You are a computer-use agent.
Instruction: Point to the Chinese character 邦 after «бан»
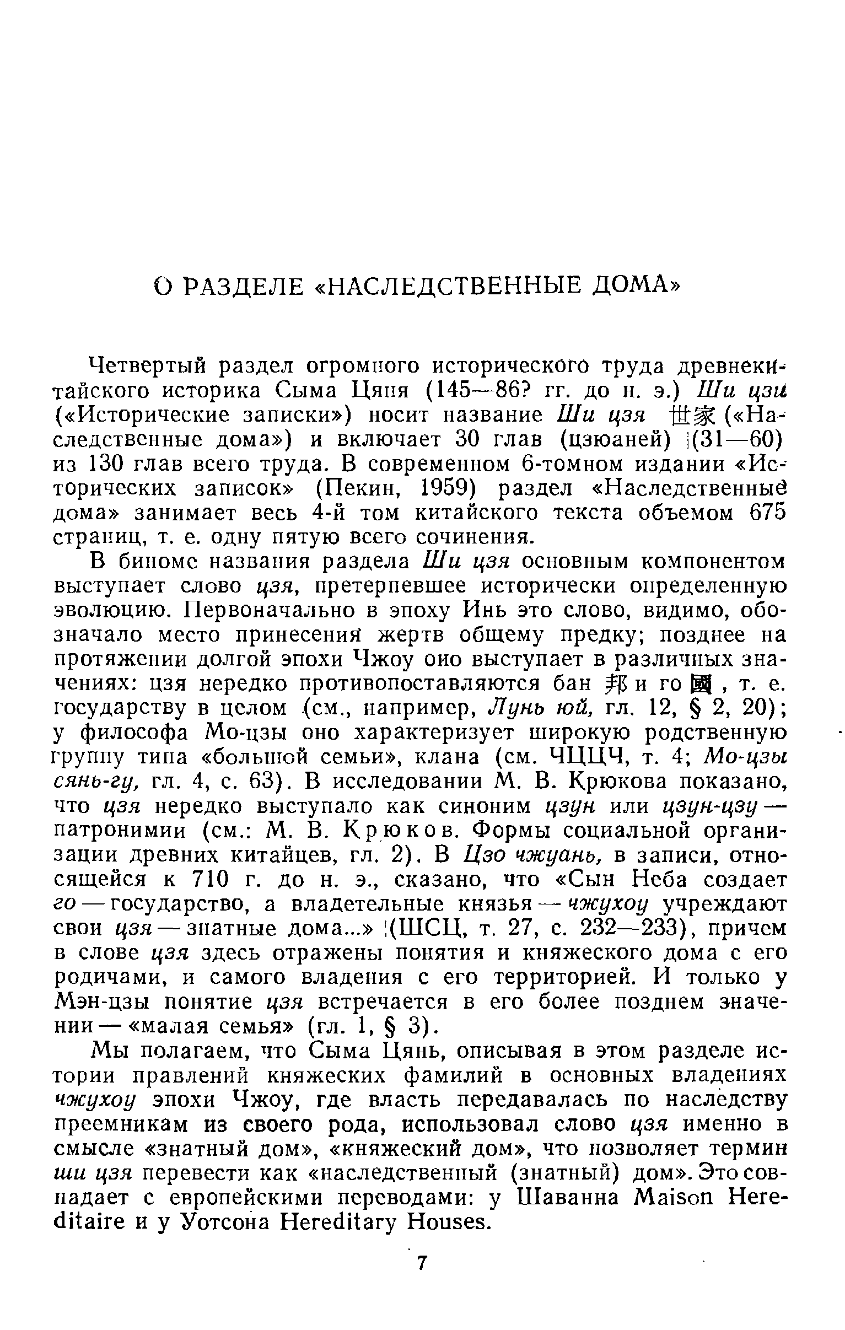pyautogui.click(x=618, y=684)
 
